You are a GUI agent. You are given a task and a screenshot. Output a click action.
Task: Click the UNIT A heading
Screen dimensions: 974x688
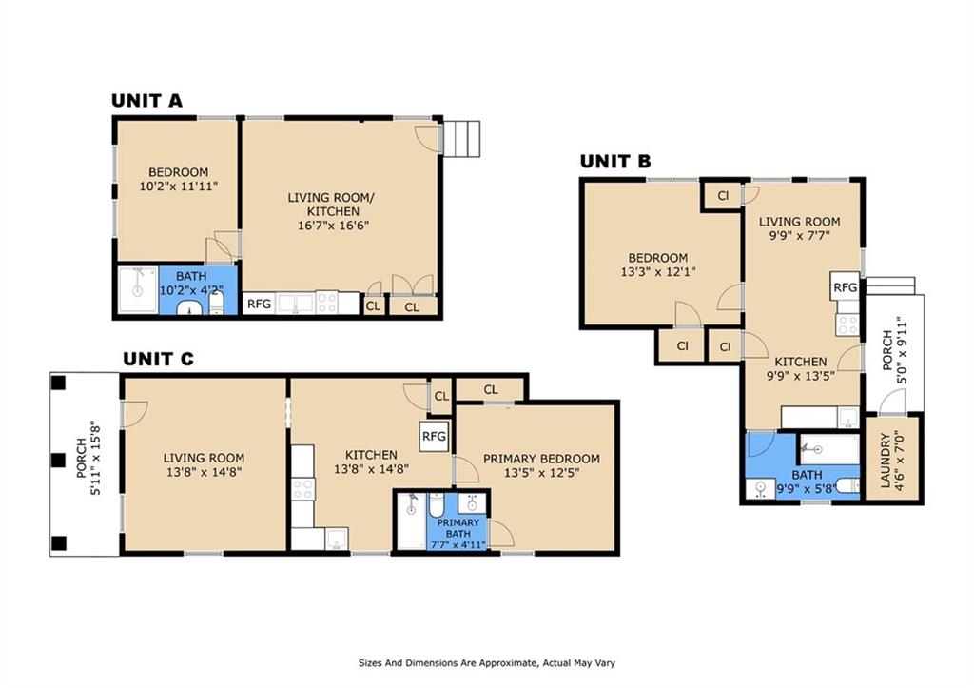[146, 101]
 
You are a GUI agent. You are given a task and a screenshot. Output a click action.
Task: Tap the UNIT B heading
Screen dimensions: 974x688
[615, 162]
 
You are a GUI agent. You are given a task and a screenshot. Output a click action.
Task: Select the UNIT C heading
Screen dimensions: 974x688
[158, 360]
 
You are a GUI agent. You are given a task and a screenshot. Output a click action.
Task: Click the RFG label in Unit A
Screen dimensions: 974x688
[259, 304]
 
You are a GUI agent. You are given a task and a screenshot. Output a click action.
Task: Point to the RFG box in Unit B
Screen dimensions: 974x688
[845, 286]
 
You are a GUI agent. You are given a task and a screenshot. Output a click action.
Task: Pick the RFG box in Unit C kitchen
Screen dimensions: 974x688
[434, 436]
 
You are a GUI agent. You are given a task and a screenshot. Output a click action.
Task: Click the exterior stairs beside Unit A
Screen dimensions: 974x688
[461, 139]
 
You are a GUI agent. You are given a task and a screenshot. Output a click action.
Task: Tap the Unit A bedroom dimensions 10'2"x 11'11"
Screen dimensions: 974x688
[178, 186]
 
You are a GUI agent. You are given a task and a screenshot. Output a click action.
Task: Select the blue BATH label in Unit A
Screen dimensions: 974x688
[191, 276]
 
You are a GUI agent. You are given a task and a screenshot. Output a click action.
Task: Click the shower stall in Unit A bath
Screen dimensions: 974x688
[138, 289]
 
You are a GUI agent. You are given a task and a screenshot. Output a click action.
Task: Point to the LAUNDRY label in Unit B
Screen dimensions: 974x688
[886, 461]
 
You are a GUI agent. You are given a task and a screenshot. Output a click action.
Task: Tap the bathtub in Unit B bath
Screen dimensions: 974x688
[829, 449]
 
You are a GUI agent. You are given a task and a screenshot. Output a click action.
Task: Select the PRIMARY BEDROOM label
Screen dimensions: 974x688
[541, 459]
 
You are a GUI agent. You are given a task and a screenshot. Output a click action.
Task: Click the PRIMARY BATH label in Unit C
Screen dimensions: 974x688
[458, 528]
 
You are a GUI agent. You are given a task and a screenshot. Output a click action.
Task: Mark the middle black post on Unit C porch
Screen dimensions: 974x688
[58, 461]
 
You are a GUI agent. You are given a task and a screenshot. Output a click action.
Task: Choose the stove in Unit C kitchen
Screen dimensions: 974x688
[302, 488]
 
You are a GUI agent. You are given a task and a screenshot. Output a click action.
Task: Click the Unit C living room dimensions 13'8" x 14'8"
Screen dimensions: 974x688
[204, 472]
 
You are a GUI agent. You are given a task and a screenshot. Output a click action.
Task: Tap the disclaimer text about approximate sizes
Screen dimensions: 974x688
[487, 663]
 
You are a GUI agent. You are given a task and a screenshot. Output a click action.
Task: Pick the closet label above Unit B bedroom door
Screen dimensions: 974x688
[723, 196]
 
